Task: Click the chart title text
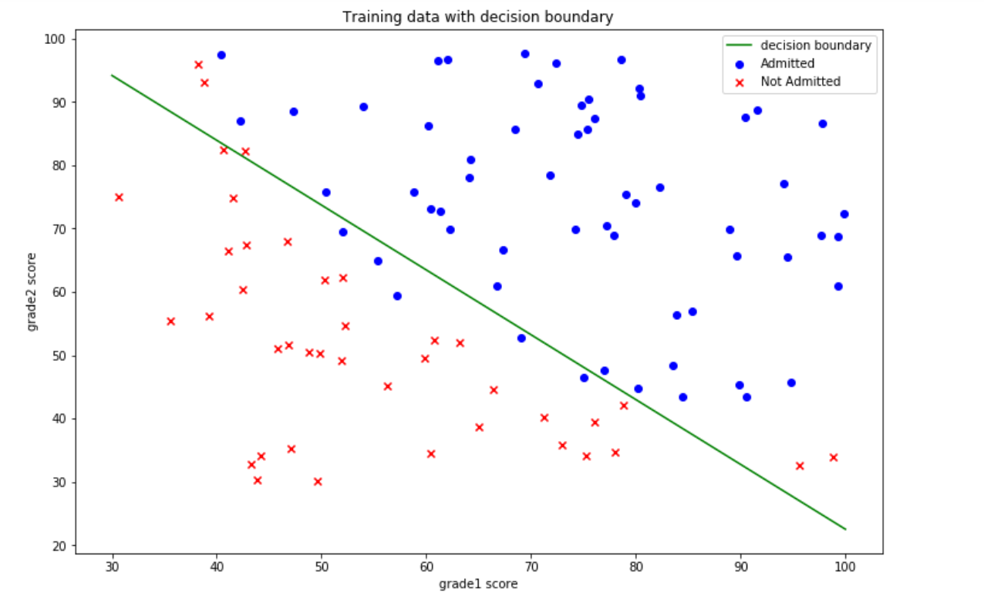[478, 16]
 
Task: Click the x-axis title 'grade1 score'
[478, 584]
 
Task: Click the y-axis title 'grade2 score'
[32, 291]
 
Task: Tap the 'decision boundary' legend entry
[815, 45]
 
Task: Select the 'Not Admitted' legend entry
[800, 81]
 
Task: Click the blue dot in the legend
[741, 64]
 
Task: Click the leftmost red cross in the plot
[119, 197]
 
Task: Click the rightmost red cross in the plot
[833, 457]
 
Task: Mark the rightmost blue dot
[844, 214]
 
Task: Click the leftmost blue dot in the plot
[221, 55]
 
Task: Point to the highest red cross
[198, 65]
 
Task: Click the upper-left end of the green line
[113, 76]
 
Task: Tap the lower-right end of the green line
[845, 529]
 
